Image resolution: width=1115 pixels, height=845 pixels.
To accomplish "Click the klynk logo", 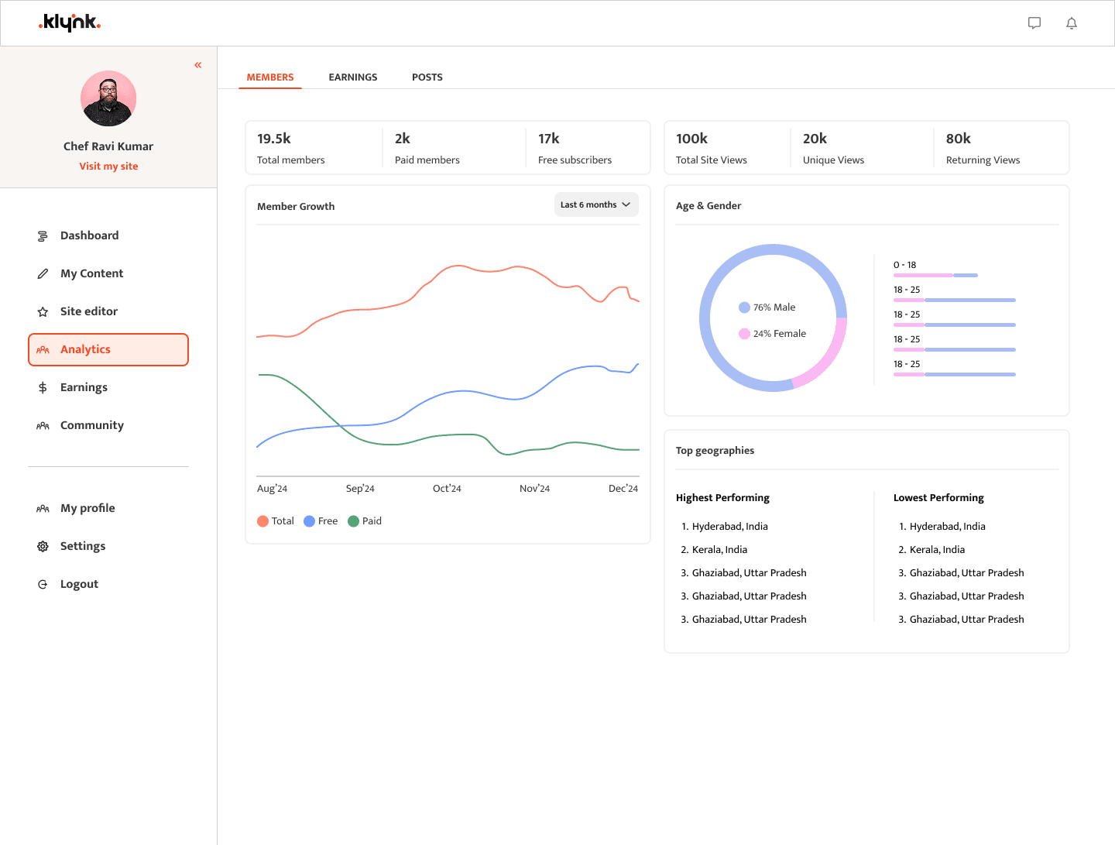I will [70, 22].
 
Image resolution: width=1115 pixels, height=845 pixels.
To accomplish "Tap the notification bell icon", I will [1072, 23].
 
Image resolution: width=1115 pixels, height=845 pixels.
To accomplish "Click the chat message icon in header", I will [1034, 23].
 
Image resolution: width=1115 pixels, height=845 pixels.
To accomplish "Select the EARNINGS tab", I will [353, 77].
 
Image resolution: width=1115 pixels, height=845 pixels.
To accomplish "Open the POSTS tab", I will [427, 77].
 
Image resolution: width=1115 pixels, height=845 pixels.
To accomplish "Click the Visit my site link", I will [108, 167].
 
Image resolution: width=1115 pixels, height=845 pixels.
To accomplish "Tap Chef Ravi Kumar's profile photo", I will [108, 98].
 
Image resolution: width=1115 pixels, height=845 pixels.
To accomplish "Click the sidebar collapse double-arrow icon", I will [198, 65].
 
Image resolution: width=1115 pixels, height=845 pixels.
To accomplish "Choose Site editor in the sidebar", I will [89, 311].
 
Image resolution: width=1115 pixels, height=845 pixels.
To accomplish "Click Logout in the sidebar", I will [79, 584].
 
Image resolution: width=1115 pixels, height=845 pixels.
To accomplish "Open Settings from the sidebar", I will [83, 546].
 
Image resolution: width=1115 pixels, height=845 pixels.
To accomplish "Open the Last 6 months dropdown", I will [596, 204].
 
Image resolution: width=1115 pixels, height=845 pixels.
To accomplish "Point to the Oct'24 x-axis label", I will [447, 489].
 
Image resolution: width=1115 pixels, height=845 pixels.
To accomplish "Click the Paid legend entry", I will [365, 521].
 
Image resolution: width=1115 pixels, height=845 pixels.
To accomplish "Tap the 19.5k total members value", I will [274, 139].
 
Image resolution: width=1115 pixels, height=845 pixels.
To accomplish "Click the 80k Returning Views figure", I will [959, 139].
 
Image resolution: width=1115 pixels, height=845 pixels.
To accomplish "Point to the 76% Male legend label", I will [774, 307].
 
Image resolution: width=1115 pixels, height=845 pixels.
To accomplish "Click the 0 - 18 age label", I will [904, 265].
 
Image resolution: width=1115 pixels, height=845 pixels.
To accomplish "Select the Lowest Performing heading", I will [938, 498].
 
